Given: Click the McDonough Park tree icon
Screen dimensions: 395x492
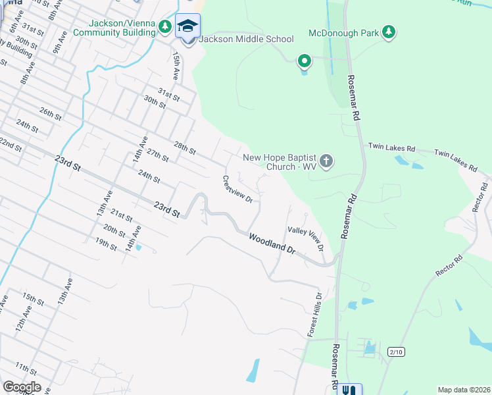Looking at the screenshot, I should tap(389, 32).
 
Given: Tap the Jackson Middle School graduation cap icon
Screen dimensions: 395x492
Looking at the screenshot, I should tap(187, 26).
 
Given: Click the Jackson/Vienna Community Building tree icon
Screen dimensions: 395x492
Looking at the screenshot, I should tap(166, 26).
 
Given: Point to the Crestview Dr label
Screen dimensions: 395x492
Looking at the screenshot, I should tap(238, 190).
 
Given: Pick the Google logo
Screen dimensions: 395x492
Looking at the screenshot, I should tap(22, 387).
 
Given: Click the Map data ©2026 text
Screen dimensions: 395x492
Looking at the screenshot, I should tap(463, 390).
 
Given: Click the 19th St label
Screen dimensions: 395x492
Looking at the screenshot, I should tap(105, 242).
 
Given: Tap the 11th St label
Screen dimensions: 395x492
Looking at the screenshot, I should tap(26, 367).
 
